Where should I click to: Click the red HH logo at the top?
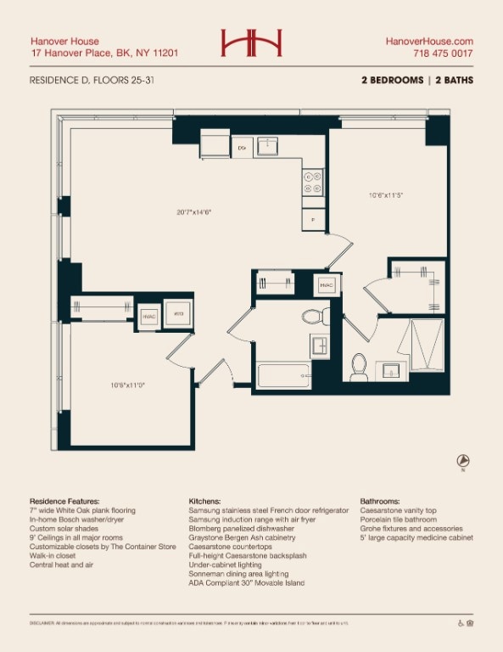251,43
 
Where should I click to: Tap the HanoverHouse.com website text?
429,41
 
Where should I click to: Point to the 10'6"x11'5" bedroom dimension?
386,195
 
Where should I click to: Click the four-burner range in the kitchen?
312,183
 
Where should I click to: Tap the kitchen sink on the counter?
267,146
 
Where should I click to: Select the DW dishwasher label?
242,149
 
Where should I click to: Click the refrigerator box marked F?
313,220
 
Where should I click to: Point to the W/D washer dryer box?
178,314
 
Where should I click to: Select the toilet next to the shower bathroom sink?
359,366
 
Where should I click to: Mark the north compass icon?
463,462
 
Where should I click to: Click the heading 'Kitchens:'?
205,502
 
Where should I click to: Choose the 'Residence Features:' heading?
64,502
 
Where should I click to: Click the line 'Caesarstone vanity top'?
399,511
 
